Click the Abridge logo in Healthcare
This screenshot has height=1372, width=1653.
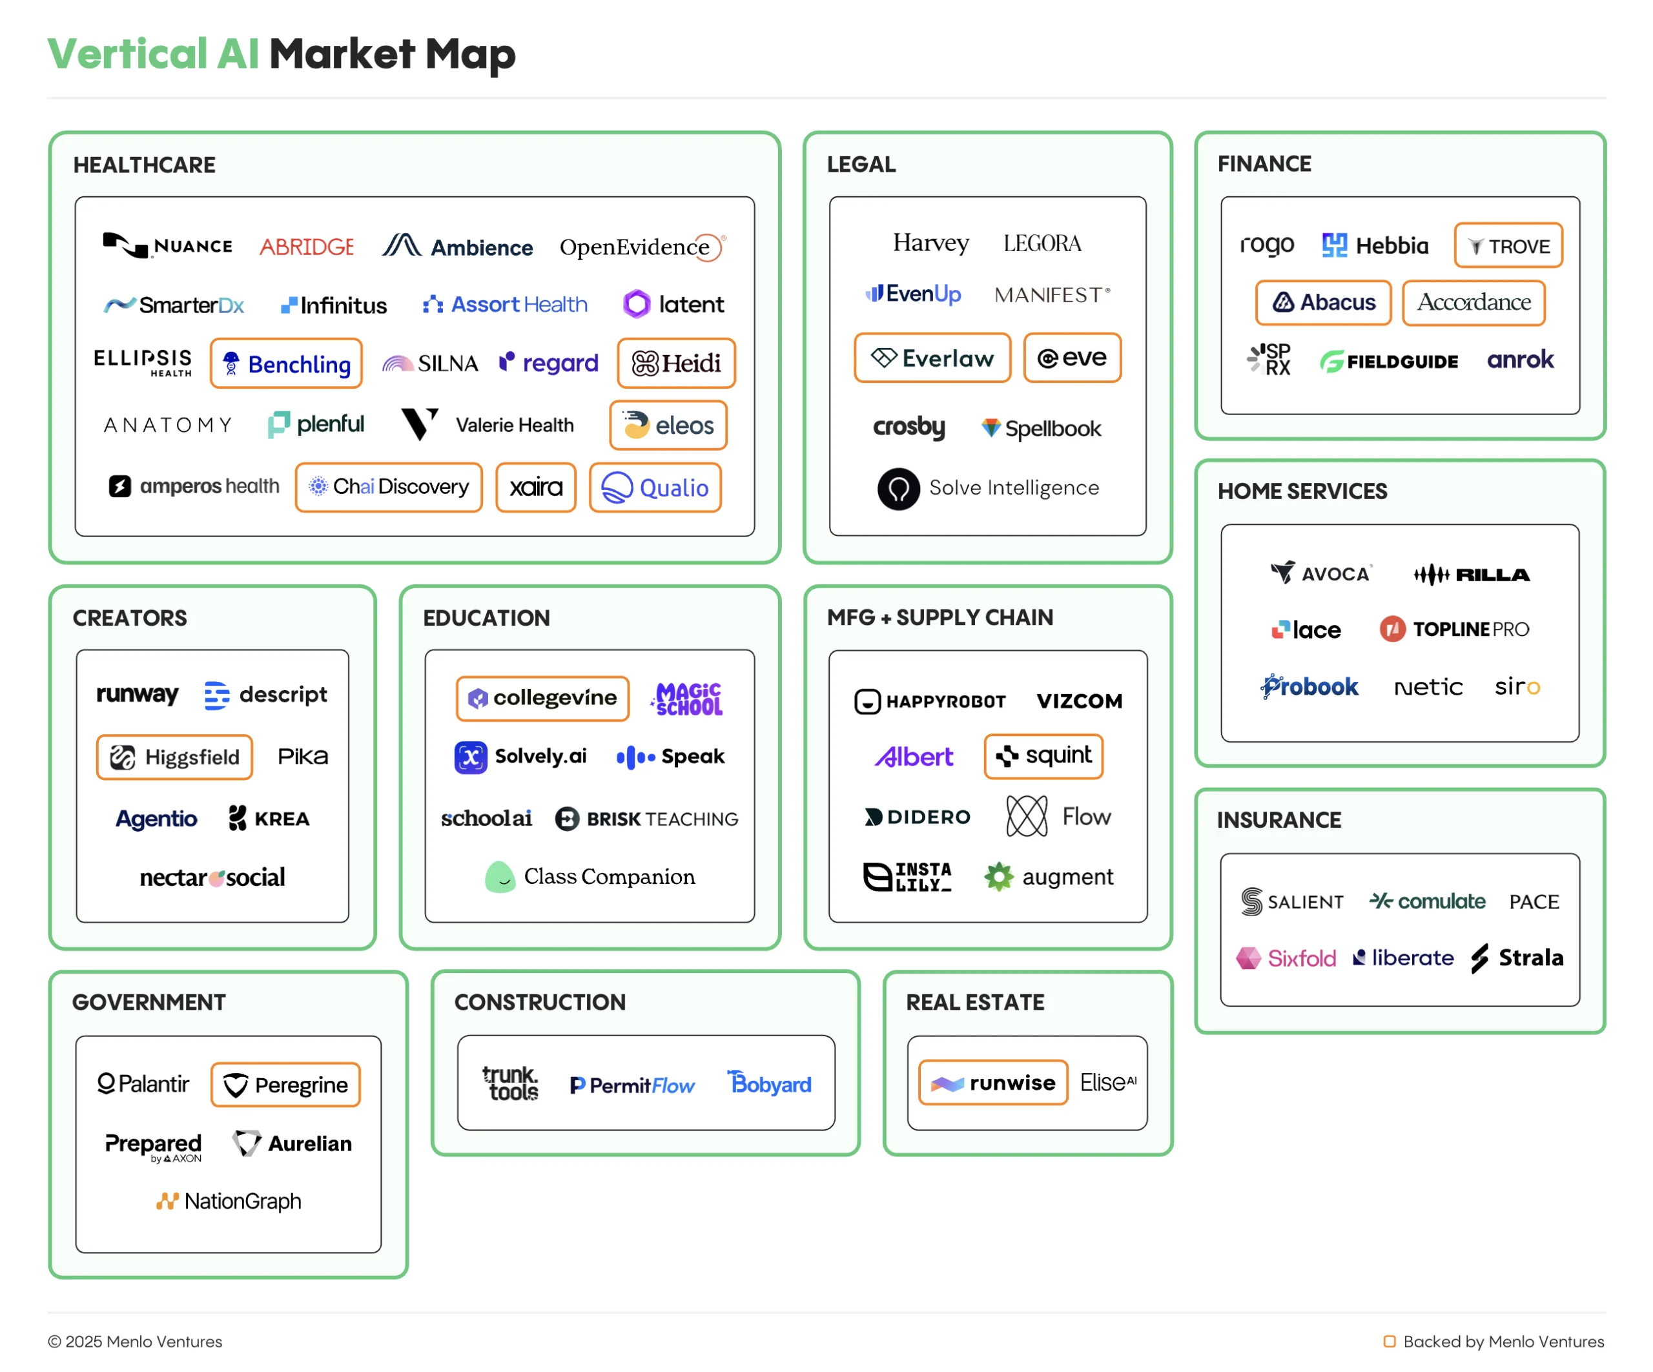tap(306, 247)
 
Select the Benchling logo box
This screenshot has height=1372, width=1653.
tap(286, 363)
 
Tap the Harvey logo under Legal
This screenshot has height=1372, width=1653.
tap(930, 243)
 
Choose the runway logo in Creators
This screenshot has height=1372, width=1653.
tap(137, 693)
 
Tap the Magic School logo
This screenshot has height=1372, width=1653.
tap(687, 698)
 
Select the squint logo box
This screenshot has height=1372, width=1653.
tap(1043, 755)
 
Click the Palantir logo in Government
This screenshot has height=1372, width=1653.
tap(143, 1084)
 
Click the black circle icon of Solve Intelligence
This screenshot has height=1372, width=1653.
tap(898, 489)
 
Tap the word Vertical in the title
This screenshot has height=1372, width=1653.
tap(127, 54)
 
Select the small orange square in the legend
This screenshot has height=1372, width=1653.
tap(1390, 1340)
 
